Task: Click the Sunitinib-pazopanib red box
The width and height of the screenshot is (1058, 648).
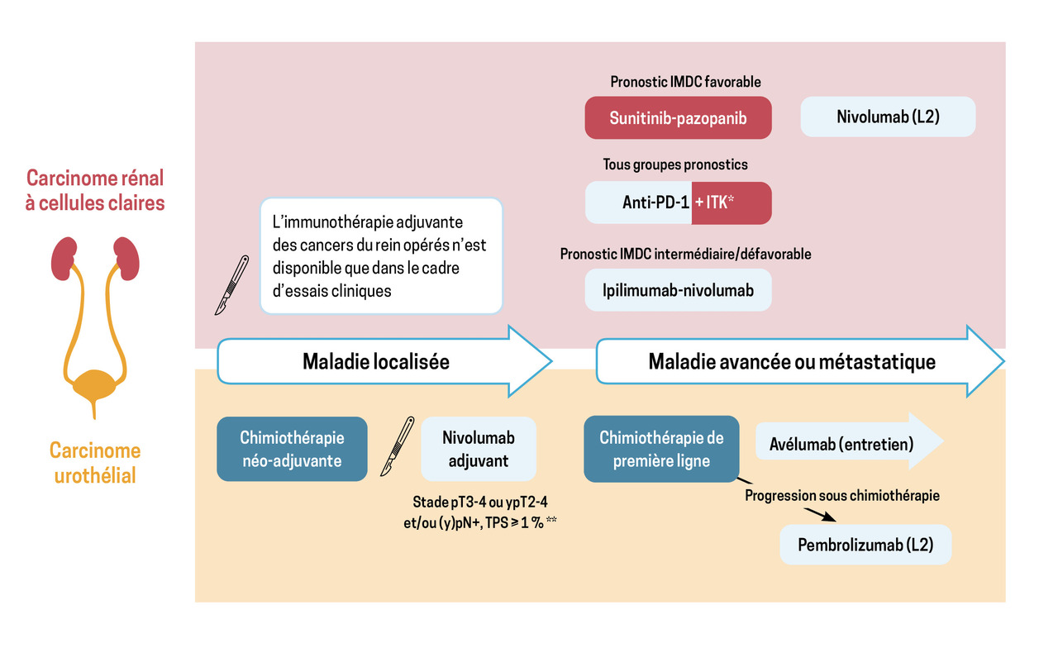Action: click(x=678, y=117)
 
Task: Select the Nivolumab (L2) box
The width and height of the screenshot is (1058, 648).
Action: click(x=889, y=117)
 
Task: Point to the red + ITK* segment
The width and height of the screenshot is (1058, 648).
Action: click(x=732, y=203)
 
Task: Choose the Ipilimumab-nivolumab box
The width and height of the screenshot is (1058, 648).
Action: click(x=678, y=290)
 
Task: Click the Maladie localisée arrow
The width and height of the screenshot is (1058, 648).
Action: click(x=376, y=361)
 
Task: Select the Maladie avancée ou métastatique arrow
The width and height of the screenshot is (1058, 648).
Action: click(x=792, y=361)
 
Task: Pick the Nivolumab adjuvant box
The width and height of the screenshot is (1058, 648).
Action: click(x=479, y=449)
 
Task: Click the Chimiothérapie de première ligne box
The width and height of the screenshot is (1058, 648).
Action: click(x=661, y=449)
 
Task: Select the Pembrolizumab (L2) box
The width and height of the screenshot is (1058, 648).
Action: click(x=865, y=545)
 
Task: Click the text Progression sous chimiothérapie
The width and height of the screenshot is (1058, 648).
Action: click(x=842, y=496)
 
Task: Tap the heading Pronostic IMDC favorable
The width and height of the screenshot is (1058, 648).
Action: click(x=685, y=82)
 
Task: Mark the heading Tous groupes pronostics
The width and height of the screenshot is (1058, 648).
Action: click(x=676, y=164)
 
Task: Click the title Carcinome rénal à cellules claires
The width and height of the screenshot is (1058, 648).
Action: click(x=95, y=190)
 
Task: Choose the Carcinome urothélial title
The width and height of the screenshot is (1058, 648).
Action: click(x=95, y=463)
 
